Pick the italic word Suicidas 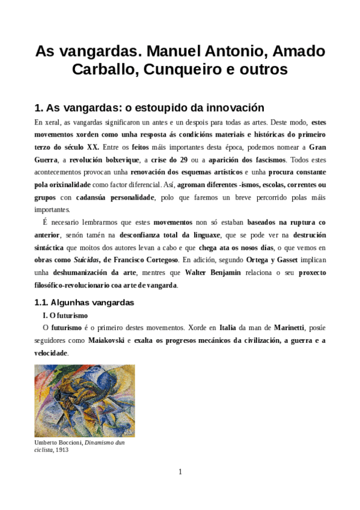(85, 259)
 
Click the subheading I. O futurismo (65, 315)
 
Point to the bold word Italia (227, 328)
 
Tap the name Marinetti (289, 328)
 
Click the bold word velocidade (51, 353)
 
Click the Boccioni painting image (84, 400)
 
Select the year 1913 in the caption (62, 449)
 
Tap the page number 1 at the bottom (180, 472)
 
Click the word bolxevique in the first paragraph (114, 159)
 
